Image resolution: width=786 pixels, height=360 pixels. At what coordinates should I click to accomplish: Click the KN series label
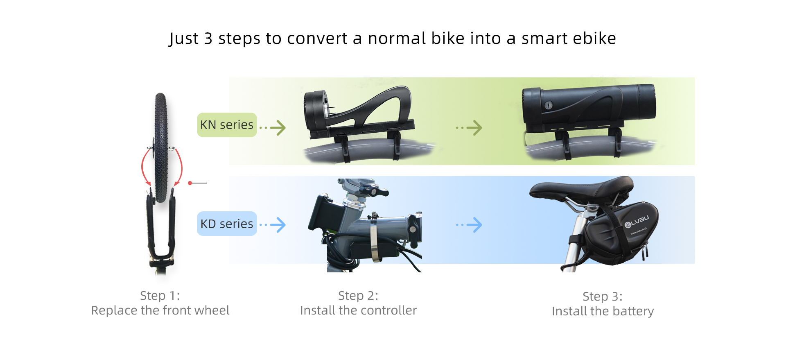tap(227, 125)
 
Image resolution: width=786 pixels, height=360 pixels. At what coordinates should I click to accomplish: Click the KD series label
tap(227, 224)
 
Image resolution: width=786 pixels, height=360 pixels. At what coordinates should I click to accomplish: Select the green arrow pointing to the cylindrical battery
tap(469, 128)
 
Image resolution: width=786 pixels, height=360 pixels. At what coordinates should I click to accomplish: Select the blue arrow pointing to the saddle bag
tap(469, 225)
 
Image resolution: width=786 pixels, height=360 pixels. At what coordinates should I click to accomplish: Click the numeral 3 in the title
tap(208, 38)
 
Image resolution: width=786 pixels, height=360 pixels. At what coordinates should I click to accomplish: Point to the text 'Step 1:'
tap(160, 296)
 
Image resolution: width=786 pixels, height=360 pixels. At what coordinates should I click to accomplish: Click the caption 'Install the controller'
tap(358, 310)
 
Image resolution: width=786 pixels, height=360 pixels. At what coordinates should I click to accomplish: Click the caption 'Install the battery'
tap(603, 311)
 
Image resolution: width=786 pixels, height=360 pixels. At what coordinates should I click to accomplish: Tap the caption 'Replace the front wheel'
tap(160, 310)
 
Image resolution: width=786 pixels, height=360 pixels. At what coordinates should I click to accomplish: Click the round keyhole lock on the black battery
tap(549, 105)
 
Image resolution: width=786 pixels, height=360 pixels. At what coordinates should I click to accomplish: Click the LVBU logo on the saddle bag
tap(637, 222)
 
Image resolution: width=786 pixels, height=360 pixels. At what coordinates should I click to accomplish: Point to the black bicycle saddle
tap(581, 190)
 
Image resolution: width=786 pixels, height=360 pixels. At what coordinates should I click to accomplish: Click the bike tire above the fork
tap(161, 147)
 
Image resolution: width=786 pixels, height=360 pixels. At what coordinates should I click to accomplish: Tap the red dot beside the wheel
tap(190, 183)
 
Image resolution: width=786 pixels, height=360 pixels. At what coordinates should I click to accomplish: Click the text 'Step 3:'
tap(603, 297)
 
